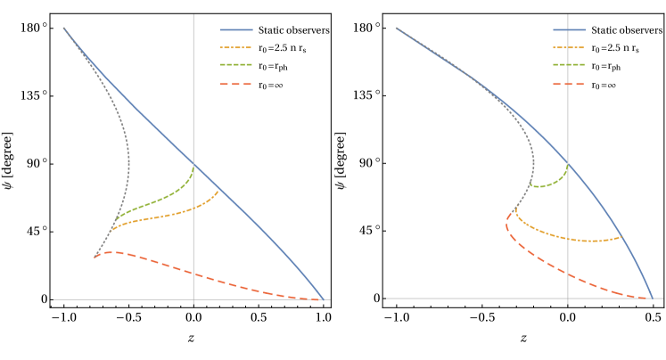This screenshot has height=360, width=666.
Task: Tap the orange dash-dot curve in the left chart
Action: click(160, 217)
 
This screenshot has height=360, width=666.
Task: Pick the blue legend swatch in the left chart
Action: click(236, 29)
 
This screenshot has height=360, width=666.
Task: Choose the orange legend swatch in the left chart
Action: click(236, 47)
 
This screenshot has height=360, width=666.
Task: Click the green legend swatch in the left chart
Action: click(236, 65)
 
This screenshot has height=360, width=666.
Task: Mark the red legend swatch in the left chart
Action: click(236, 84)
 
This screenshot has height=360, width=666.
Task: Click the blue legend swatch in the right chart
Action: click(568, 29)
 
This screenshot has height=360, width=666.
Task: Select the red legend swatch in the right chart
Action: click(568, 84)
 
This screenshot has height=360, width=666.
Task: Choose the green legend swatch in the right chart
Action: click(568, 65)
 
